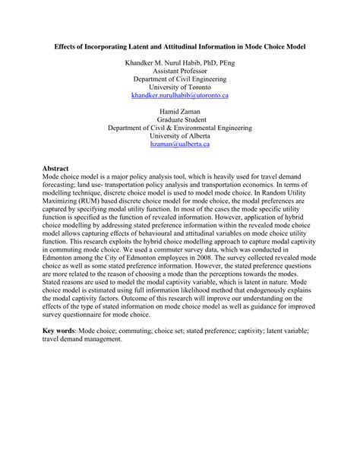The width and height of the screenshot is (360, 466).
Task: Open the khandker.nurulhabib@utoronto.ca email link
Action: [180, 96]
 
